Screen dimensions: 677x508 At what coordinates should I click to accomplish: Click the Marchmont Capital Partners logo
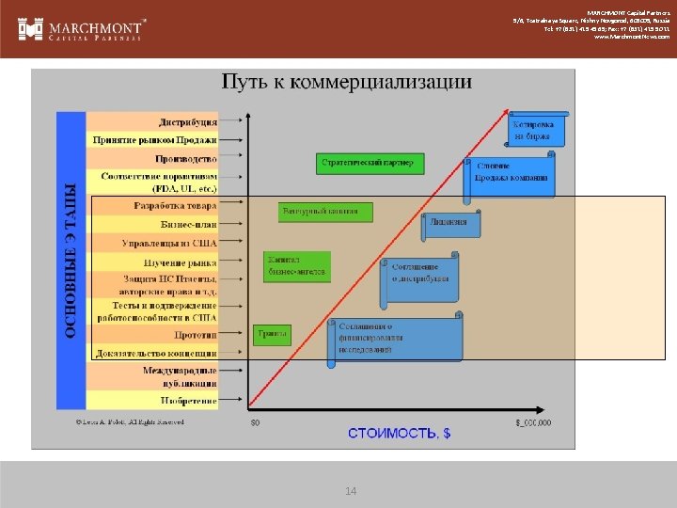pyautogui.click(x=83, y=29)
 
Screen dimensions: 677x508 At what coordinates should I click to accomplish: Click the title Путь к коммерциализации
pyautogui.click(x=346, y=82)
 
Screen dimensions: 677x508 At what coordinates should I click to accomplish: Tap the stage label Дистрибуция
pyautogui.click(x=188, y=120)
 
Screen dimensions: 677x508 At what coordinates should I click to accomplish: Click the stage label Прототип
pyautogui.click(x=195, y=334)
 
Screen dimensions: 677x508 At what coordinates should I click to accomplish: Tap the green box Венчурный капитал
pyautogui.click(x=320, y=211)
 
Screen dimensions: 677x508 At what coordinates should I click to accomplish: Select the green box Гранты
pyautogui.click(x=272, y=334)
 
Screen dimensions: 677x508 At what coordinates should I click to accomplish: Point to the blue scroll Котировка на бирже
pyautogui.click(x=536, y=130)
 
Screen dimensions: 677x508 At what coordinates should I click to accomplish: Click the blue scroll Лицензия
pyautogui.click(x=450, y=223)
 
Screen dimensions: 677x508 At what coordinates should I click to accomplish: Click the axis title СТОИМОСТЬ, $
pyautogui.click(x=399, y=433)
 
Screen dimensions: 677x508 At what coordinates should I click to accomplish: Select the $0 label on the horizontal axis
pyautogui.click(x=254, y=422)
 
